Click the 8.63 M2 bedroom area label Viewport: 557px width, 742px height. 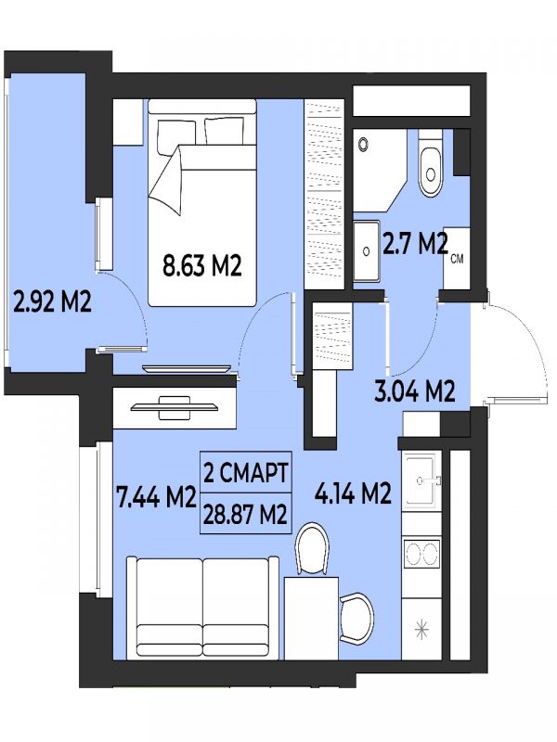point(202,265)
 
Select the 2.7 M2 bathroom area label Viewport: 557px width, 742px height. point(415,244)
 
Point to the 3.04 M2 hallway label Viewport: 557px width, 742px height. point(415,390)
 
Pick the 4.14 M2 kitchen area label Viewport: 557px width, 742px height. point(354,493)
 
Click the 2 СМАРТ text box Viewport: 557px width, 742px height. point(246,473)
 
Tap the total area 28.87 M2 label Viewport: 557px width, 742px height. point(246,514)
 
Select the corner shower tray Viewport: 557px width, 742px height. point(380,171)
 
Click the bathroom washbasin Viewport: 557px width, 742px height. point(367,250)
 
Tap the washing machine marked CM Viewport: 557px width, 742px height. point(457,258)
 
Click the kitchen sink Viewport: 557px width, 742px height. point(421,480)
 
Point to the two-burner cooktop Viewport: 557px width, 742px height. point(422,553)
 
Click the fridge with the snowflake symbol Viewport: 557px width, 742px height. point(421,630)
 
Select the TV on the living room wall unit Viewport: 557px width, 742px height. point(175,406)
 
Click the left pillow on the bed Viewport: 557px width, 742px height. point(176,136)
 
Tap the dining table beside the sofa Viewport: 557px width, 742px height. point(311,618)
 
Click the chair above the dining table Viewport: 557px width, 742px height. point(312,549)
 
